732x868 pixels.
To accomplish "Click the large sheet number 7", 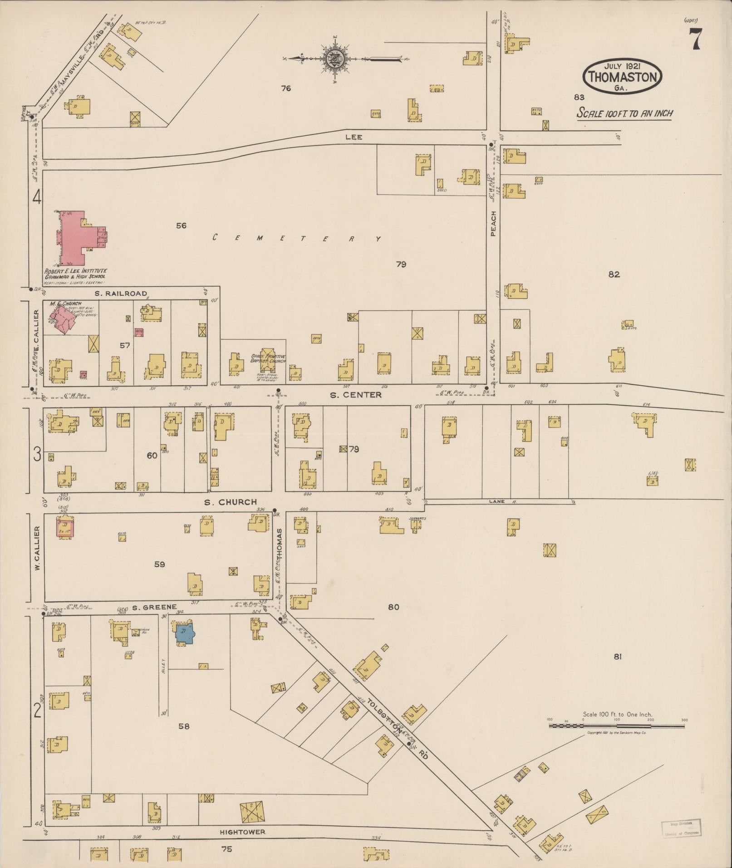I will point(695,39).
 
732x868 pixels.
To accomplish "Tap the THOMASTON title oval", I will point(622,77).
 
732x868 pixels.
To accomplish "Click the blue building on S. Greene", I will point(185,633).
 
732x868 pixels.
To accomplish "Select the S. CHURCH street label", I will point(230,502).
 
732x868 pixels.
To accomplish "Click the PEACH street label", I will point(493,223).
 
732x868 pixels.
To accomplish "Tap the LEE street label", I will point(354,137).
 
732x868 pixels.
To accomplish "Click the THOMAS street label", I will point(280,543).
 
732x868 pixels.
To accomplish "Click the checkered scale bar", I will point(616,726).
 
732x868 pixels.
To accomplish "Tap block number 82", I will point(614,274).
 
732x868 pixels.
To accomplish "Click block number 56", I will point(181,226).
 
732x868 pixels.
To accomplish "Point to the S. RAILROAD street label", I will point(121,294).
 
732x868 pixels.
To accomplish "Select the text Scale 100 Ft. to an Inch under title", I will point(624,113).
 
